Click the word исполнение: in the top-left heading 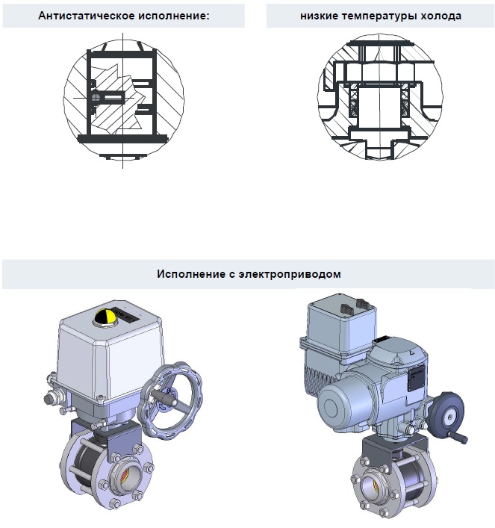coord(174,16)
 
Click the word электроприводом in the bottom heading coord(290,274)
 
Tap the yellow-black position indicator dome coord(106,317)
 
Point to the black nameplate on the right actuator coord(417,378)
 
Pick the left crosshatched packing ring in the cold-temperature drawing coord(354,100)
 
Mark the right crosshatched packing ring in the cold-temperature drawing coord(405,100)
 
